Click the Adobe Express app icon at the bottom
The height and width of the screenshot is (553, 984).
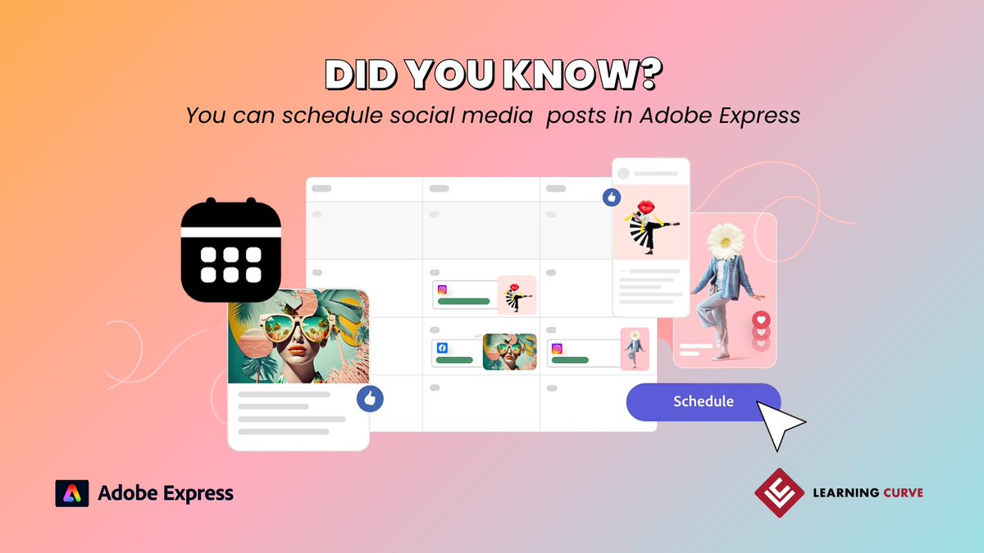(71, 493)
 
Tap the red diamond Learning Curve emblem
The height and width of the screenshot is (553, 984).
(778, 492)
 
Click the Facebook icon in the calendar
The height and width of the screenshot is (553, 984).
(442, 347)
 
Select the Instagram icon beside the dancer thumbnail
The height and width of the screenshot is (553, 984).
(442, 289)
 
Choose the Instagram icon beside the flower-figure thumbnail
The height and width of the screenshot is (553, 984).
(557, 348)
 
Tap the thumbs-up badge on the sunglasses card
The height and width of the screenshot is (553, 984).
(370, 399)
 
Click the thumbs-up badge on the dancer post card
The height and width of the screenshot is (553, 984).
(612, 197)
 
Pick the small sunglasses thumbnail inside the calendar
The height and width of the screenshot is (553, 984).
(509, 351)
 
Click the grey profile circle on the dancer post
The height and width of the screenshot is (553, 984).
(623, 174)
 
